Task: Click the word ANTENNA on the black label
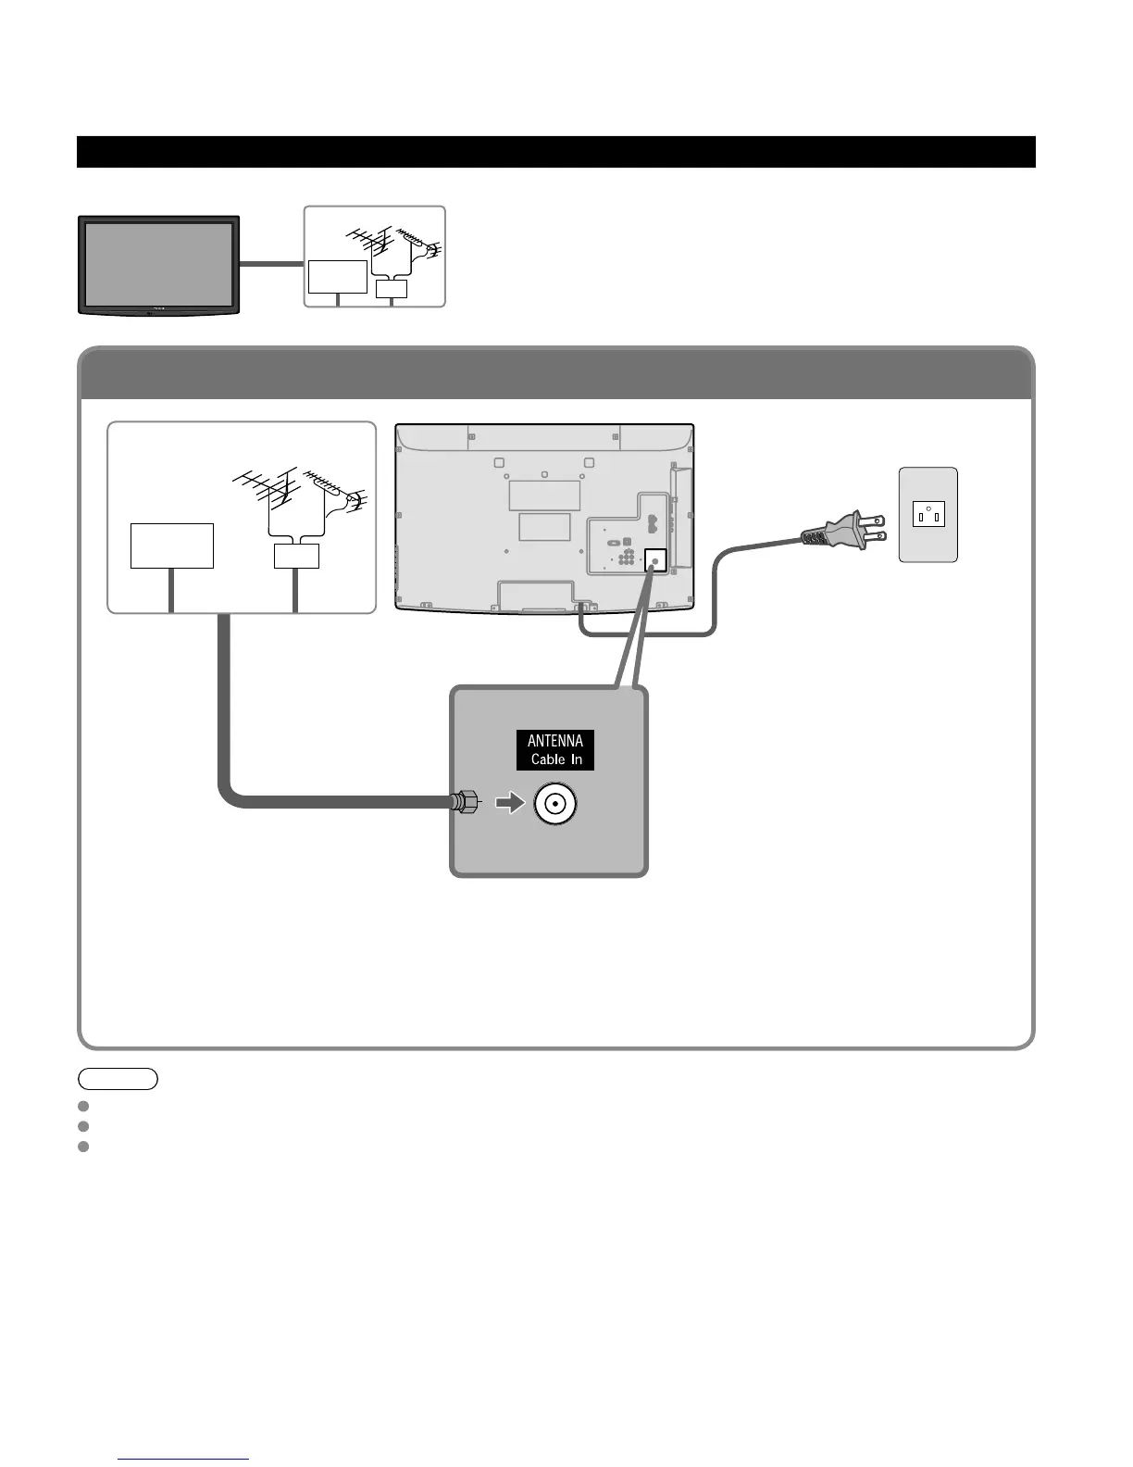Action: [x=555, y=741]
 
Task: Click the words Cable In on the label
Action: [x=556, y=759]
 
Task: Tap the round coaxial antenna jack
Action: [x=554, y=805]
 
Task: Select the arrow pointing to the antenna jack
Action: [x=510, y=804]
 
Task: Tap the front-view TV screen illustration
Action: [x=158, y=263]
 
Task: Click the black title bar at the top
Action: [x=555, y=152]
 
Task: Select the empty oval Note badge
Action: [x=118, y=1078]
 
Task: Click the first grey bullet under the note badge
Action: [x=83, y=1106]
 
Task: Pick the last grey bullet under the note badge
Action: [x=83, y=1147]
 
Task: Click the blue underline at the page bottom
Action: [x=183, y=1460]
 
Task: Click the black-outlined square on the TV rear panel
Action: [x=654, y=559]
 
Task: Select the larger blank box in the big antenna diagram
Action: [x=172, y=545]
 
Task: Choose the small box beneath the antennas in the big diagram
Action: [x=297, y=556]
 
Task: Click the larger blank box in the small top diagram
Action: [x=338, y=277]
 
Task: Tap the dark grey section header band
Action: [x=555, y=374]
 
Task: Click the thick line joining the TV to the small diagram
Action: [x=272, y=264]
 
